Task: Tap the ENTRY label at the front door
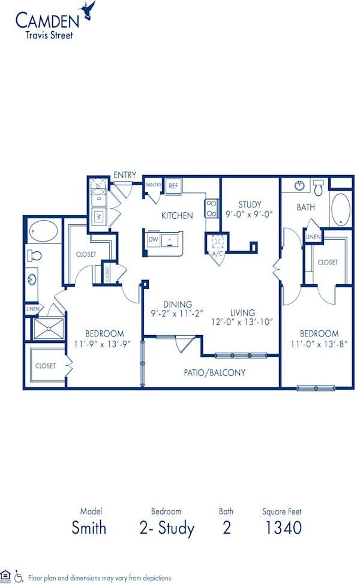125,175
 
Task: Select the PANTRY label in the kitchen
153,185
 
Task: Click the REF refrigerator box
173,186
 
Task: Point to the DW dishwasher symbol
154,239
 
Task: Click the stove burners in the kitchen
212,208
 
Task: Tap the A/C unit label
217,254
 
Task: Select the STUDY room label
249,204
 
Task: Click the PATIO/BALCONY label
214,372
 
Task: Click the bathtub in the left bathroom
43,230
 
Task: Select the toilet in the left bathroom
34,255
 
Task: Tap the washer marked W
98,216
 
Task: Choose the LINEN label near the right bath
313,237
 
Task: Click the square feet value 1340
282,528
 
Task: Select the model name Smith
89,528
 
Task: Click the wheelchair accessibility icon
19,576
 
